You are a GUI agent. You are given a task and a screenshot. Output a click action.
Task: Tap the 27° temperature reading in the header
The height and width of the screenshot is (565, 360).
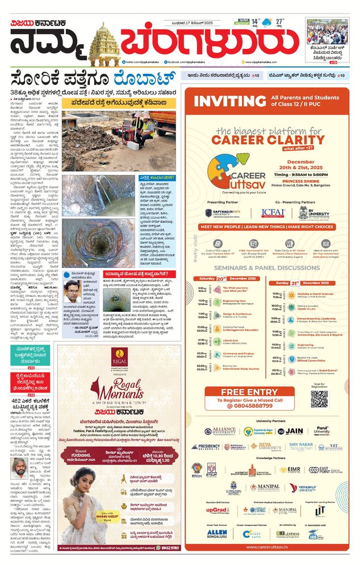click(x=279, y=22)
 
